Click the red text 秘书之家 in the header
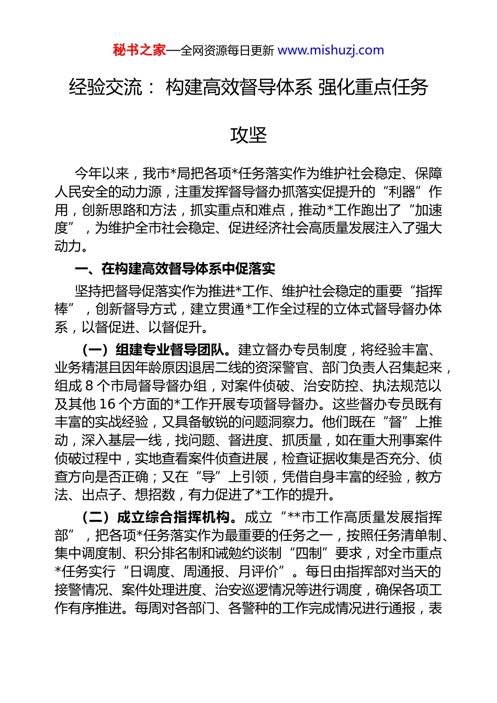tap(139, 50)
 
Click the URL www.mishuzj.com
tap(331, 50)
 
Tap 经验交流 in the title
tap(105, 87)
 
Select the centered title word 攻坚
tap(249, 135)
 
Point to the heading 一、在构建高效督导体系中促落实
tap(175, 269)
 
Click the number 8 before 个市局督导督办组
tap(89, 386)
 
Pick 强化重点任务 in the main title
tap(373, 87)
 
